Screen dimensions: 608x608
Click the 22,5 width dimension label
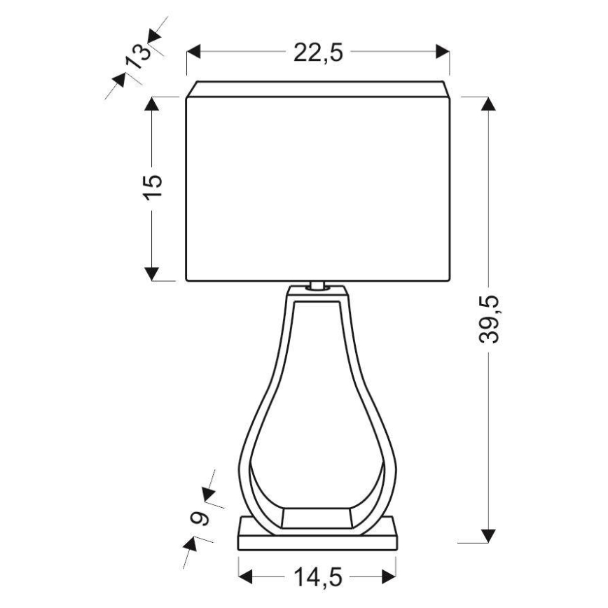coord(318,53)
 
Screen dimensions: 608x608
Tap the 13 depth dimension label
coord(138,55)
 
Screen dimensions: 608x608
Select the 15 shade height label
coord(153,186)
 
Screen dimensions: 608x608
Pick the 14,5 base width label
coord(317,577)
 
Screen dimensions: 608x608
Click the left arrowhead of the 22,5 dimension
coord(194,53)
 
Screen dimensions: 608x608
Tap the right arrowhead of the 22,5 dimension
coord(443,53)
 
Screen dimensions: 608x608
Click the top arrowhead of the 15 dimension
coord(152,103)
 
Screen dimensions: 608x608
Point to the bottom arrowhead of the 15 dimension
coord(152,273)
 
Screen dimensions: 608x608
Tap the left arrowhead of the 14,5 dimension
coord(246,577)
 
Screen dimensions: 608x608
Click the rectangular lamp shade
coord(317,188)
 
